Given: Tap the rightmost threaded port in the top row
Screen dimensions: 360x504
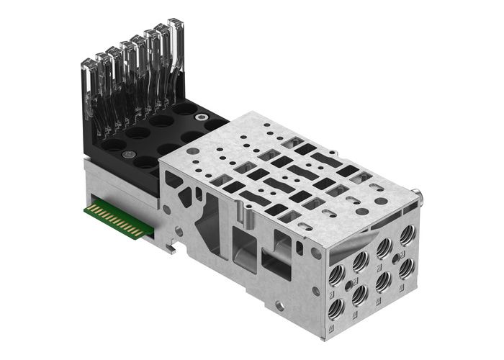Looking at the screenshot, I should [408, 232].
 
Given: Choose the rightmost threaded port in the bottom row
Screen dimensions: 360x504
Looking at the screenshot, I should [406, 266].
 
